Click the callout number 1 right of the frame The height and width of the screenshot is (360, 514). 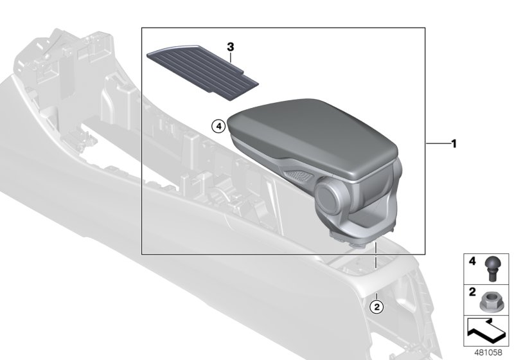coord(454,144)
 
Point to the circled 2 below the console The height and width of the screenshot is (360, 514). coord(377,307)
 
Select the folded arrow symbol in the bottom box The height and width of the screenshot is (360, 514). coord(486,333)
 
